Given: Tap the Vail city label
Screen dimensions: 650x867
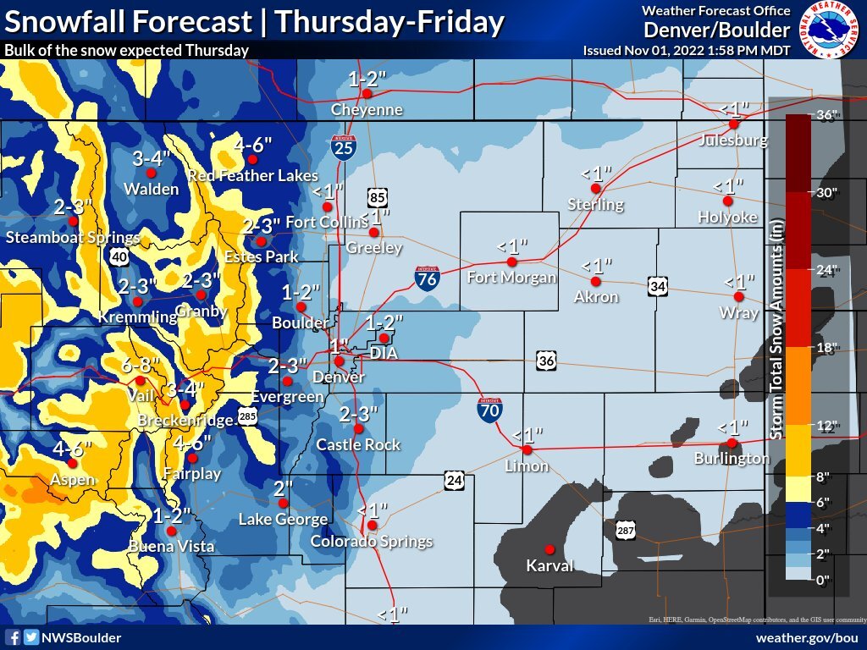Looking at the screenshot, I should coord(140,396).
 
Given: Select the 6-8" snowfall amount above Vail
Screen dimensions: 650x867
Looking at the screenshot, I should coord(140,365).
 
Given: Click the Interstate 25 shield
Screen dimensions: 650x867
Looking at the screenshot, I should coord(343,147).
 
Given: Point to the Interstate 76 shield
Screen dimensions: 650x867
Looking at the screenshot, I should coord(428,278).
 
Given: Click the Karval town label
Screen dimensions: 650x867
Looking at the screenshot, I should coord(549,565).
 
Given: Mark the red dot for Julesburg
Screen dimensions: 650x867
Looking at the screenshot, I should coord(734,124).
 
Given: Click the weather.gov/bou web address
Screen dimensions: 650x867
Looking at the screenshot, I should coord(805,637).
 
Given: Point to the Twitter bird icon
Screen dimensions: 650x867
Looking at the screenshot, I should coord(30,637).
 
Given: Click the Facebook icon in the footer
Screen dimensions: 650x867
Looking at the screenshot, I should coord(13,637).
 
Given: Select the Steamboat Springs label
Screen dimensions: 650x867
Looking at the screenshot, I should coord(73,238).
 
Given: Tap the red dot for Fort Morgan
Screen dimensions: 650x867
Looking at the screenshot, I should coord(511,262).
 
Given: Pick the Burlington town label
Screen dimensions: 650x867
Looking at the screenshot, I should coord(732,458).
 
